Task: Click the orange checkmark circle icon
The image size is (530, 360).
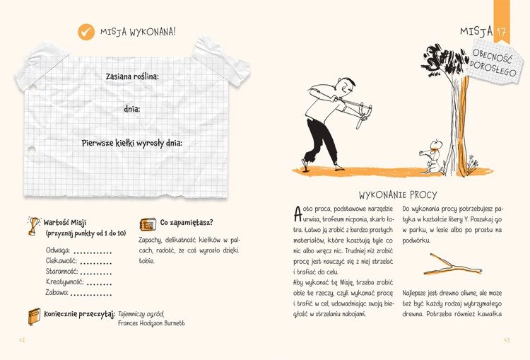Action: pos(86,31)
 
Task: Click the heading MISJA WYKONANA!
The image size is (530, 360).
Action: pos(138,32)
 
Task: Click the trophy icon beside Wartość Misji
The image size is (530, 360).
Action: pos(33,224)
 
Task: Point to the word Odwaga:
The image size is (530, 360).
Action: pos(58,250)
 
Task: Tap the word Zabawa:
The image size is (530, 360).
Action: pos(57,291)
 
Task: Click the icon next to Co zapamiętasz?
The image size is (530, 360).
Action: pos(148,224)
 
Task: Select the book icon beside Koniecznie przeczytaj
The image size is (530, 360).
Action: pos(33,315)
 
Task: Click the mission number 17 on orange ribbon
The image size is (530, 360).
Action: pos(501,33)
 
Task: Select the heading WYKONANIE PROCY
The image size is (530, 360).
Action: pos(397,194)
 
